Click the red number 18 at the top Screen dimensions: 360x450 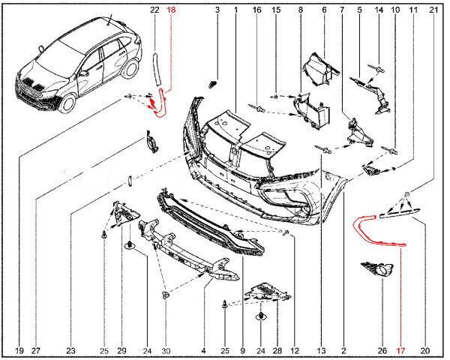point(171,10)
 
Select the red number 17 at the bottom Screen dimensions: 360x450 point(400,349)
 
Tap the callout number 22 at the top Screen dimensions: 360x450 point(154,10)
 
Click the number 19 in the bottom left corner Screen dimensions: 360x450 point(19,349)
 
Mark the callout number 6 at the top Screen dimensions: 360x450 point(324,10)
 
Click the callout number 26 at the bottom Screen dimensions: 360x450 point(381,349)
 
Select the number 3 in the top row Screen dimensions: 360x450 point(217,10)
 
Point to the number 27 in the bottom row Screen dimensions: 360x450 point(36,349)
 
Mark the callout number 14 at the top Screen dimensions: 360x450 point(378,10)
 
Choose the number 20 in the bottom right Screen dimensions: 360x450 point(425,349)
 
